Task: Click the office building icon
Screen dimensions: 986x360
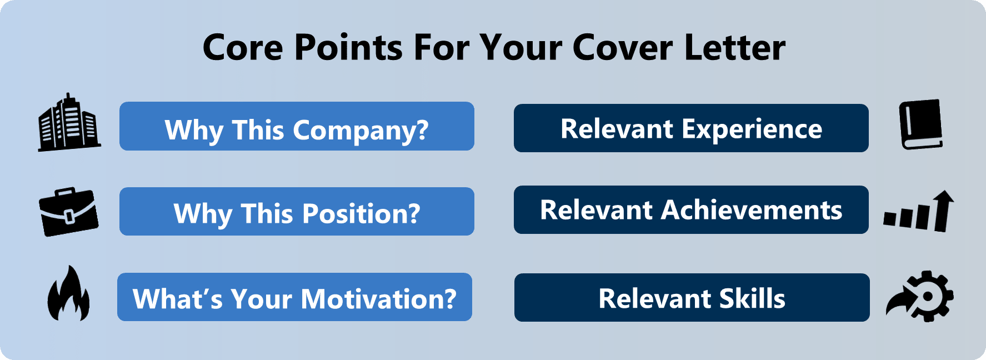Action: (69, 122)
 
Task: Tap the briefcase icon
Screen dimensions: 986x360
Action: (69, 212)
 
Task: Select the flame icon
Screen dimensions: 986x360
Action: (68, 293)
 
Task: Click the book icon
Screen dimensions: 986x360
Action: (921, 124)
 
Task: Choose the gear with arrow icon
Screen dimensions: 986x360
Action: (920, 296)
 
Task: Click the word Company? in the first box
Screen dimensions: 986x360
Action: (361, 131)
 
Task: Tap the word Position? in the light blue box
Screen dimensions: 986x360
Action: (361, 213)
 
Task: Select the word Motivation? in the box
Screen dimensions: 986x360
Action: (379, 299)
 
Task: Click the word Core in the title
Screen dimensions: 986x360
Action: (243, 47)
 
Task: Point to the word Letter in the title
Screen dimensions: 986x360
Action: (735, 47)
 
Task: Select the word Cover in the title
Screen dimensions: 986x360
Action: (623, 47)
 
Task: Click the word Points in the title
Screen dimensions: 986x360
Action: (348, 47)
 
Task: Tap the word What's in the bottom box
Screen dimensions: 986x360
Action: (178, 299)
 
